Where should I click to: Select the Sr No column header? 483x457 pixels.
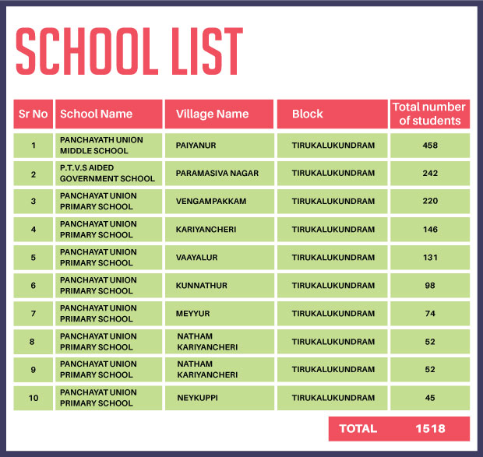33,114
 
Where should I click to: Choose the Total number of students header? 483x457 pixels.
429,114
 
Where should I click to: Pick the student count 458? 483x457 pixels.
430,145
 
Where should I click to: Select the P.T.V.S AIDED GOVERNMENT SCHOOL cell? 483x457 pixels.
108,173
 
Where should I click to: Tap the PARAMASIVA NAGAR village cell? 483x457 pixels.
217,173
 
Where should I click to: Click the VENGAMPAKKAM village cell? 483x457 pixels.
211,201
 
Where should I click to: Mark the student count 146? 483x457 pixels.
430,229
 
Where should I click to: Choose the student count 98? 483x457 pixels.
430,285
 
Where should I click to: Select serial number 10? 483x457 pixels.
33,398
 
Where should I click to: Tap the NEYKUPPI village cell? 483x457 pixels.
198,398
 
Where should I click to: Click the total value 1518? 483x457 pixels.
430,428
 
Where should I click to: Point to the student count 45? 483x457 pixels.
430,398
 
